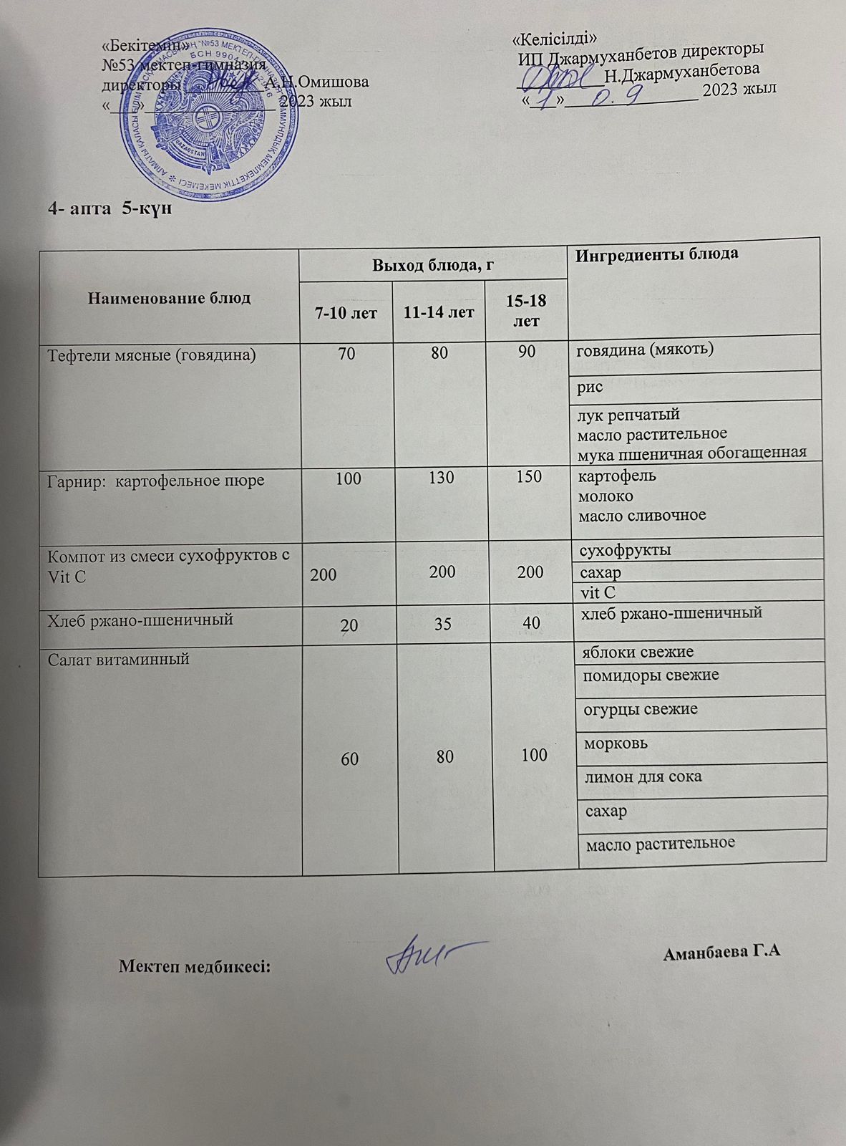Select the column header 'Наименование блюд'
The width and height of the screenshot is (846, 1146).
[x=169, y=298]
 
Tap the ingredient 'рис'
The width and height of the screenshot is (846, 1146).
[x=591, y=387]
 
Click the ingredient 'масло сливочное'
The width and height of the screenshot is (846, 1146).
[x=642, y=515]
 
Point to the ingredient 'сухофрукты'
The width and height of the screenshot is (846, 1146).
[x=624, y=550]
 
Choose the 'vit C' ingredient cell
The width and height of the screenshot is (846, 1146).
[x=598, y=592]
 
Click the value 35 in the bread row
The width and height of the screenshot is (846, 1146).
[x=442, y=624]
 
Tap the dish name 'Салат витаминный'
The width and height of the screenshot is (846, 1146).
[x=118, y=660]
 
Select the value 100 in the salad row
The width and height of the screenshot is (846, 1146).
[x=534, y=754]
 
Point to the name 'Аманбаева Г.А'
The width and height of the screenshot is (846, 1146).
[x=721, y=953]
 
